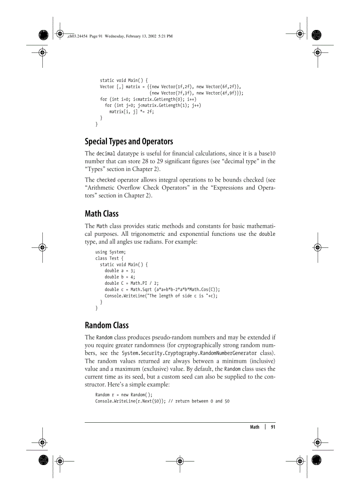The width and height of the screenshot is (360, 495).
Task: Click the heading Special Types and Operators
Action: [x=128, y=141]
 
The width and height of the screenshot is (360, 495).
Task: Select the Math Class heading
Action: [x=101, y=214]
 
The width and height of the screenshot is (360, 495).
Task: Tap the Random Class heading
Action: [x=107, y=325]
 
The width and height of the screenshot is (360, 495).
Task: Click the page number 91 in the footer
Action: [x=273, y=427]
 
